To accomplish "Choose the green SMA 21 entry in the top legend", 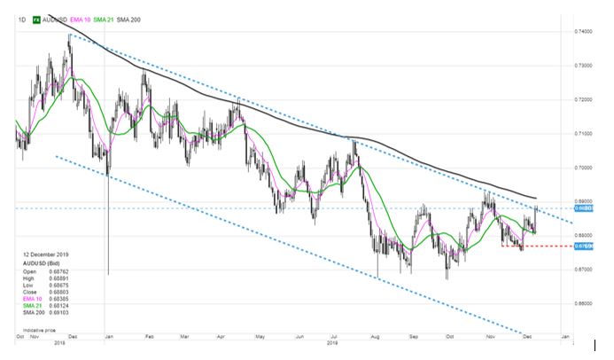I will [131, 17].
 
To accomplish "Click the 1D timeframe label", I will [21, 17].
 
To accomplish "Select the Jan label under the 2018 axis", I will [106, 338].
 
